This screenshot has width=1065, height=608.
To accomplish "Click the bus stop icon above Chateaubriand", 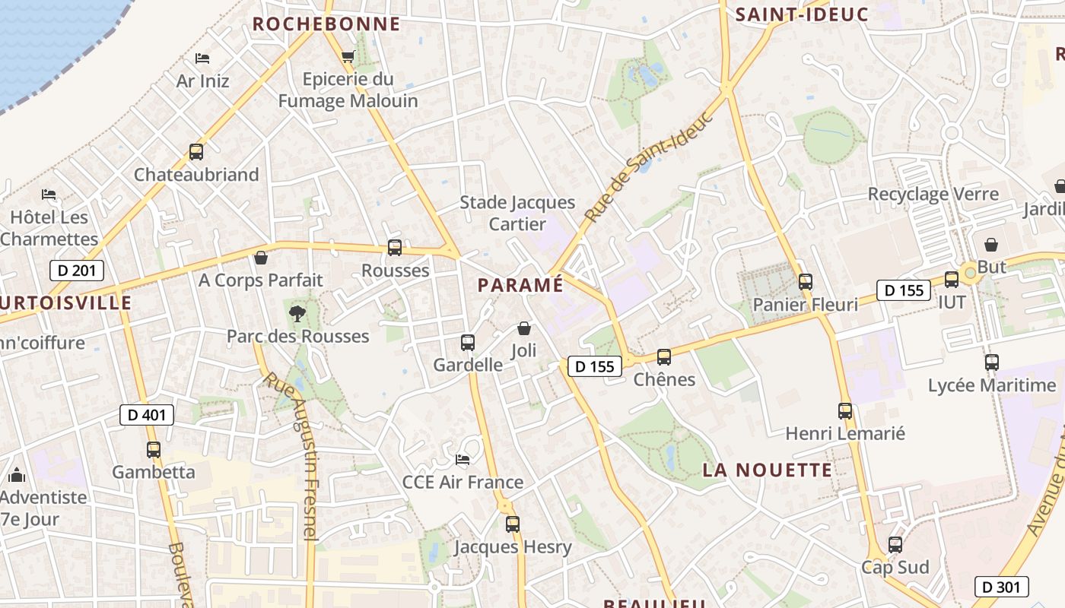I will [x=196, y=152].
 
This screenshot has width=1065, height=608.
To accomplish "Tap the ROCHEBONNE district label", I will [x=326, y=24].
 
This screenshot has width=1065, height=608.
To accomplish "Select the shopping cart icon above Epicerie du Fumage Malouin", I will [x=348, y=56].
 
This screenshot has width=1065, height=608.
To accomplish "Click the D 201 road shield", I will [x=76, y=271].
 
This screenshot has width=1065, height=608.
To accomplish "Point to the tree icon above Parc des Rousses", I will [x=297, y=312].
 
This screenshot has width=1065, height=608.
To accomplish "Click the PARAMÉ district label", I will [x=521, y=285].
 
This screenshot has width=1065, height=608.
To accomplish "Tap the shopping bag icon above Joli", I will [x=524, y=328].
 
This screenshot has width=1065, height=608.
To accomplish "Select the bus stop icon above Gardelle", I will [x=468, y=343].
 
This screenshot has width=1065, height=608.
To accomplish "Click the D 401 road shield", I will [x=147, y=415].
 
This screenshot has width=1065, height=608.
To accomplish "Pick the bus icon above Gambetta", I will [x=154, y=450].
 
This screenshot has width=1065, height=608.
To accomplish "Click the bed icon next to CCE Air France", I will [x=462, y=459].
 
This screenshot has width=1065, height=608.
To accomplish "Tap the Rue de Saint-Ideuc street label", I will [x=650, y=169].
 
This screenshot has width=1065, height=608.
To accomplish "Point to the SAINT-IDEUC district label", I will [x=802, y=14].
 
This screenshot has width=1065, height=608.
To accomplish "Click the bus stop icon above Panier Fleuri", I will [x=806, y=282].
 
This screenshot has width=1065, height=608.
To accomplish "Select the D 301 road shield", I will [x=1001, y=587].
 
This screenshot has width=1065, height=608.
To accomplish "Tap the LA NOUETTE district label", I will [x=767, y=470].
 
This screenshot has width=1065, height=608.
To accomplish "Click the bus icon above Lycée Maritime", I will [x=991, y=363].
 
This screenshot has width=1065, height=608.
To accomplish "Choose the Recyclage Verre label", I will [x=933, y=194].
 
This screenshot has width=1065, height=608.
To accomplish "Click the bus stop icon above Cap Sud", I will [x=895, y=545].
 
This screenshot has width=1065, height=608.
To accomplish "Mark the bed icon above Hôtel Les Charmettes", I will [x=49, y=195].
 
